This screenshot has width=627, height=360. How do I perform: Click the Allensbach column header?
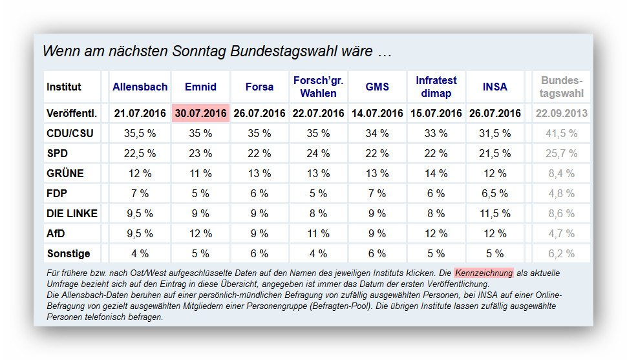click(140, 87)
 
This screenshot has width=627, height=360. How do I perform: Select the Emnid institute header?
click(200, 87)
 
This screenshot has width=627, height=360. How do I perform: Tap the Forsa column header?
click(259, 87)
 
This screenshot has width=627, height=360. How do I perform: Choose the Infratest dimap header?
click(436, 87)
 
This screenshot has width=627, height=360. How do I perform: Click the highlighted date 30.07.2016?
click(200, 113)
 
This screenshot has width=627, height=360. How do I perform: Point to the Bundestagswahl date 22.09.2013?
click(561, 113)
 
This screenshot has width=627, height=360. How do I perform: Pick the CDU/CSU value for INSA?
click(494, 133)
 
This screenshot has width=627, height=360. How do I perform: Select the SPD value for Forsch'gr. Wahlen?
click(318, 153)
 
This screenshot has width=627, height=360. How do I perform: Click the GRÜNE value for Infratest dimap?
click(436, 173)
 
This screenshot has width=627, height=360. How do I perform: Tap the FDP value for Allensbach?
click(140, 193)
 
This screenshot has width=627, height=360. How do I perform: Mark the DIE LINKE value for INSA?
click(494, 213)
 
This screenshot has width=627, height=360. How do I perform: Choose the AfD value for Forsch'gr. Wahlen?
click(318, 233)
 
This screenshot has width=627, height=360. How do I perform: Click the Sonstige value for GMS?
click(377, 253)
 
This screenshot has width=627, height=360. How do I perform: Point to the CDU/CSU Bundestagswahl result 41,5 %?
click(561, 133)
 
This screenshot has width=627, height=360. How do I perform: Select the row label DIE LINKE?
click(72, 213)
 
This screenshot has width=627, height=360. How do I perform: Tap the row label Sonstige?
click(69, 253)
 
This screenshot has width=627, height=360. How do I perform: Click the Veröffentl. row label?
click(72, 113)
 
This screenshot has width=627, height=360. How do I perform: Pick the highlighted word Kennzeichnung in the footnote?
click(484, 273)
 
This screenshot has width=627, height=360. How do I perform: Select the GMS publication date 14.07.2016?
click(377, 113)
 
